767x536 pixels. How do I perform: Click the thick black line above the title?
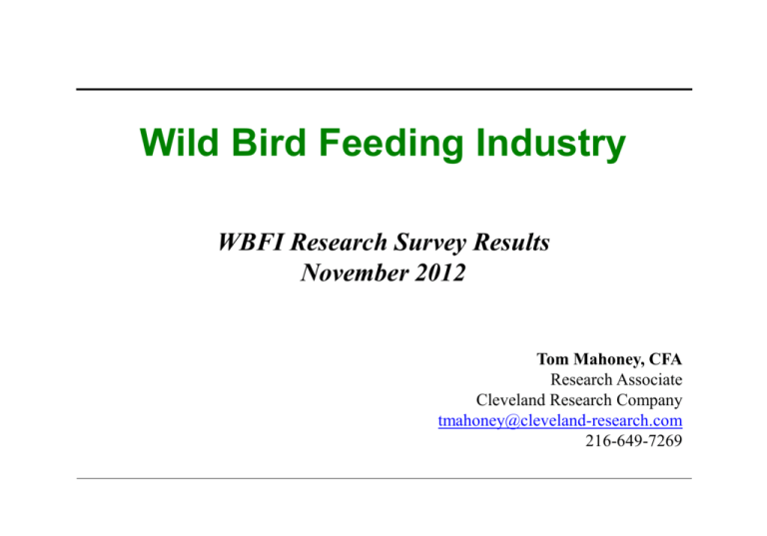383,90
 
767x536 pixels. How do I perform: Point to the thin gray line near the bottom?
383,479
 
